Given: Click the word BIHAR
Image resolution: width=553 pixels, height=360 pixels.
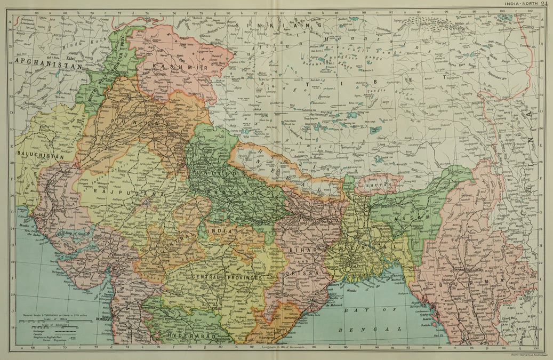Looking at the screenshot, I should pos(300,250).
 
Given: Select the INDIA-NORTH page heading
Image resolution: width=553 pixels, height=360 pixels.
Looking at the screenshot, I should pos(518,4).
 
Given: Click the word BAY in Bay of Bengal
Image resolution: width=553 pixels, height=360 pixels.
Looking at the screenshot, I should pos(353,309).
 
